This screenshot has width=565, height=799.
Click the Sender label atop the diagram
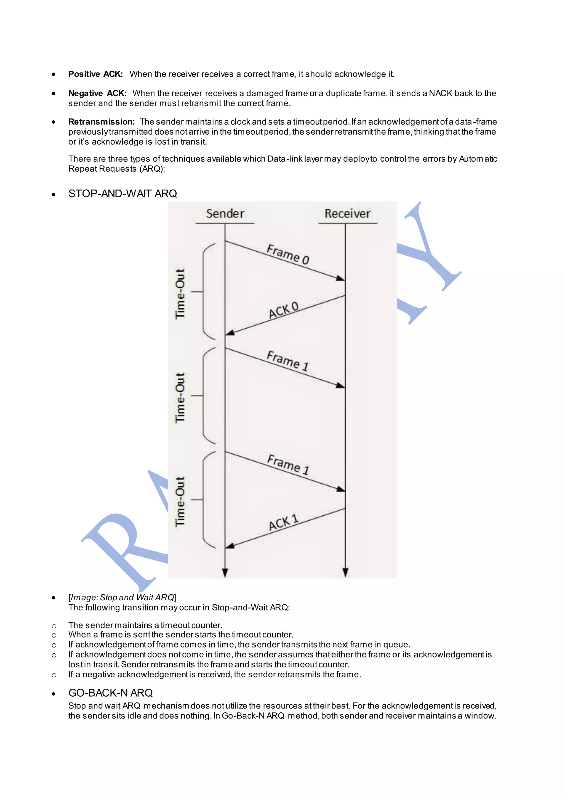tap(225, 213)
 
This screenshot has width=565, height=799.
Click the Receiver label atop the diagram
tap(347, 213)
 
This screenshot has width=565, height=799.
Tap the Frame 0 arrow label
tap(288, 254)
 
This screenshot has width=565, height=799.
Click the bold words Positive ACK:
tap(95, 74)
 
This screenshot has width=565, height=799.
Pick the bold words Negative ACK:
tap(97, 93)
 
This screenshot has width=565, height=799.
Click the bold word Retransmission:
tap(101, 122)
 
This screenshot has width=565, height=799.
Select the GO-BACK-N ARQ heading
tap(110, 693)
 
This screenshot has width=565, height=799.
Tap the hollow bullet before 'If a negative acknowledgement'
tap(54, 675)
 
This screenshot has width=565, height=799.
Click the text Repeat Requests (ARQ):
tap(116, 169)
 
